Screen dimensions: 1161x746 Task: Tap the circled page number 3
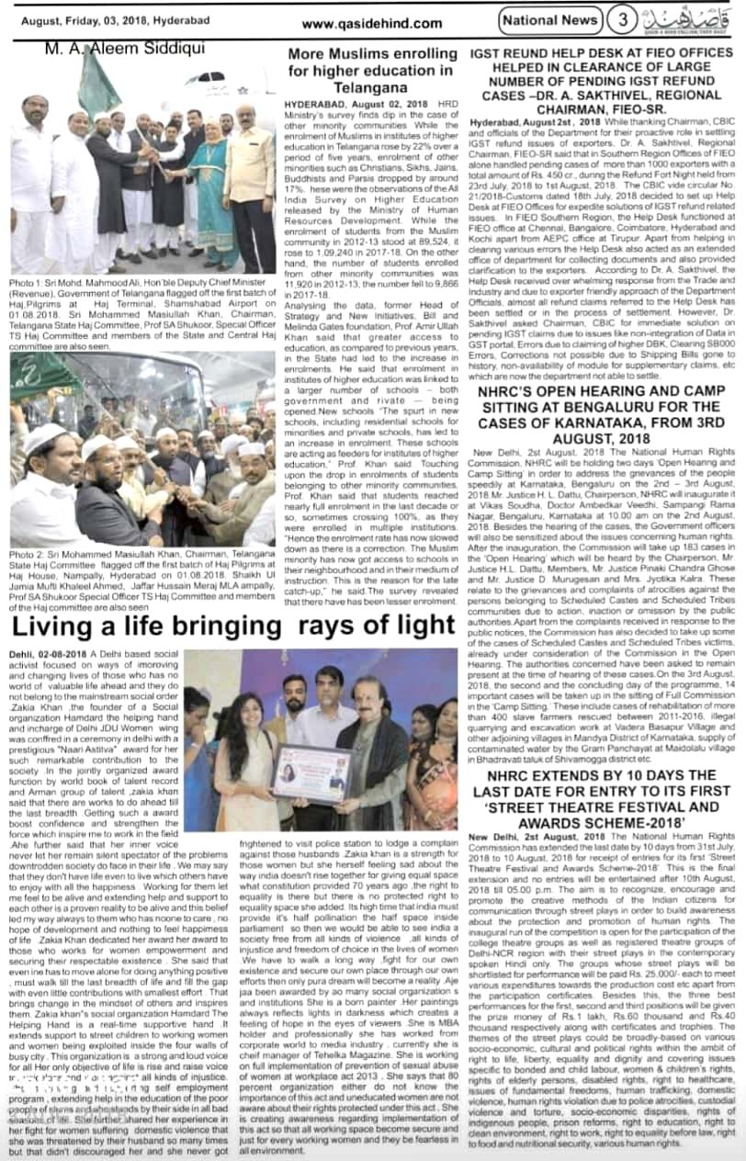[x=623, y=19]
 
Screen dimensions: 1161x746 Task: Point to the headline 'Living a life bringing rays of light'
[x=233, y=625]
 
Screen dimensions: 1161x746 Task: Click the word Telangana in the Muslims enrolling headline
[x=370, y=87]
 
